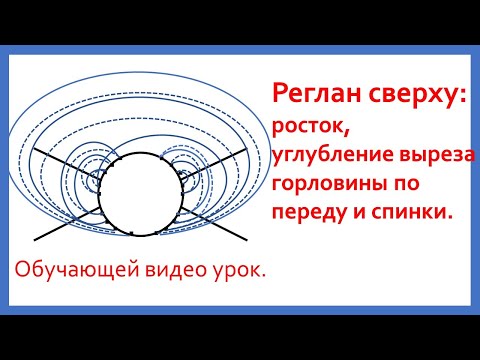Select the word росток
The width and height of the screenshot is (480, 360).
tap(309, 127)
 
